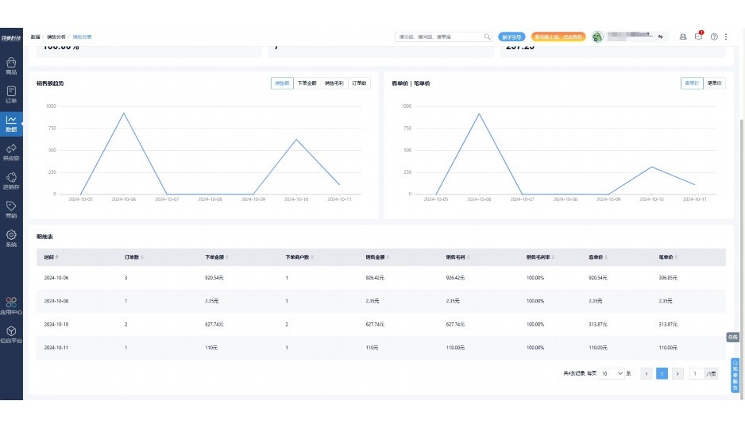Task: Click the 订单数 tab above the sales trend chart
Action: point(360,83)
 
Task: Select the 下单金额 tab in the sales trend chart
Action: point(307,83)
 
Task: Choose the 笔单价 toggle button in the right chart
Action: point(713,83)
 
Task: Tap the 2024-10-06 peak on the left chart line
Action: point(124,113)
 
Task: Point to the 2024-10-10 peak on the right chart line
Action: point(651,167)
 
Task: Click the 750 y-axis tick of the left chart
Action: point(51,128)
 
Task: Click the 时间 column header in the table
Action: point(50,257)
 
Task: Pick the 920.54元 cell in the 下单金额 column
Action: point(215,278)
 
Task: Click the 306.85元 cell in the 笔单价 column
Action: point(670,278)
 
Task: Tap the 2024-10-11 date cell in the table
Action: point(56,348)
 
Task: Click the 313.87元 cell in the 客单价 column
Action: point(599,324)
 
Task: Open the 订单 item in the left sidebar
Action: point(11,95)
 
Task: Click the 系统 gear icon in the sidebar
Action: point(11,235)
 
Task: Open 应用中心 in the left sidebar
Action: point(11,306)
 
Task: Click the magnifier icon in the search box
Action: point(487,37)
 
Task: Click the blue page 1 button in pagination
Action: point(662,373)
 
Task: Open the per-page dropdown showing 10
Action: point(612,373)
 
